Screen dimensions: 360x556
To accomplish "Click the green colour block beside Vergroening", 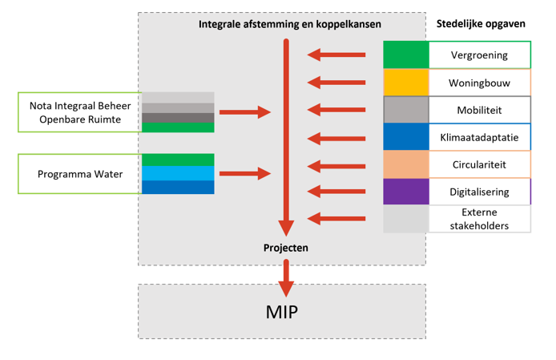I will (x=405, y=55).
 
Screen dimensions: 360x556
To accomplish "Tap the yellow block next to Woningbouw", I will (x=405, y=82).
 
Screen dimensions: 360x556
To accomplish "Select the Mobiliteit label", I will (x=479, y=109).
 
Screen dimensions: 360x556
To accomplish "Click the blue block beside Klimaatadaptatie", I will (x=405, y=136).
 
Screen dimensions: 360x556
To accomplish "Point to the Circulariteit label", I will (x=479, y=164).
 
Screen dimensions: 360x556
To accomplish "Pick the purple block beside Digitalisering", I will (x=405, y=191).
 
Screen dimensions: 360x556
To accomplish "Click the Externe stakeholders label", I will (x=479, y=219).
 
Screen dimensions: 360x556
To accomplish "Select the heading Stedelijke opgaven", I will (x=481, y=24).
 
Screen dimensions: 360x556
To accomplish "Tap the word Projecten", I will (x=286, y=248).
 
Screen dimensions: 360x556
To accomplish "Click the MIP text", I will (x=281, y=311).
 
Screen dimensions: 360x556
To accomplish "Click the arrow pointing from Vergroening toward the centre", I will (x=336, y=55).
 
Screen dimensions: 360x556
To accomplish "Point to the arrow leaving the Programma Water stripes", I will (x=245, y=172).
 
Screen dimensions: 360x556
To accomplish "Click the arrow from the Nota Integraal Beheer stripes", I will (x=245, y=112).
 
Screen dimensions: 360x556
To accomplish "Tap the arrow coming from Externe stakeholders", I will (x=336, y=217).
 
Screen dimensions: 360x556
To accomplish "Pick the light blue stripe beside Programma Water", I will (x=178, y=173).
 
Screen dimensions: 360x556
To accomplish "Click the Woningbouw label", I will (x=479, y=82).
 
